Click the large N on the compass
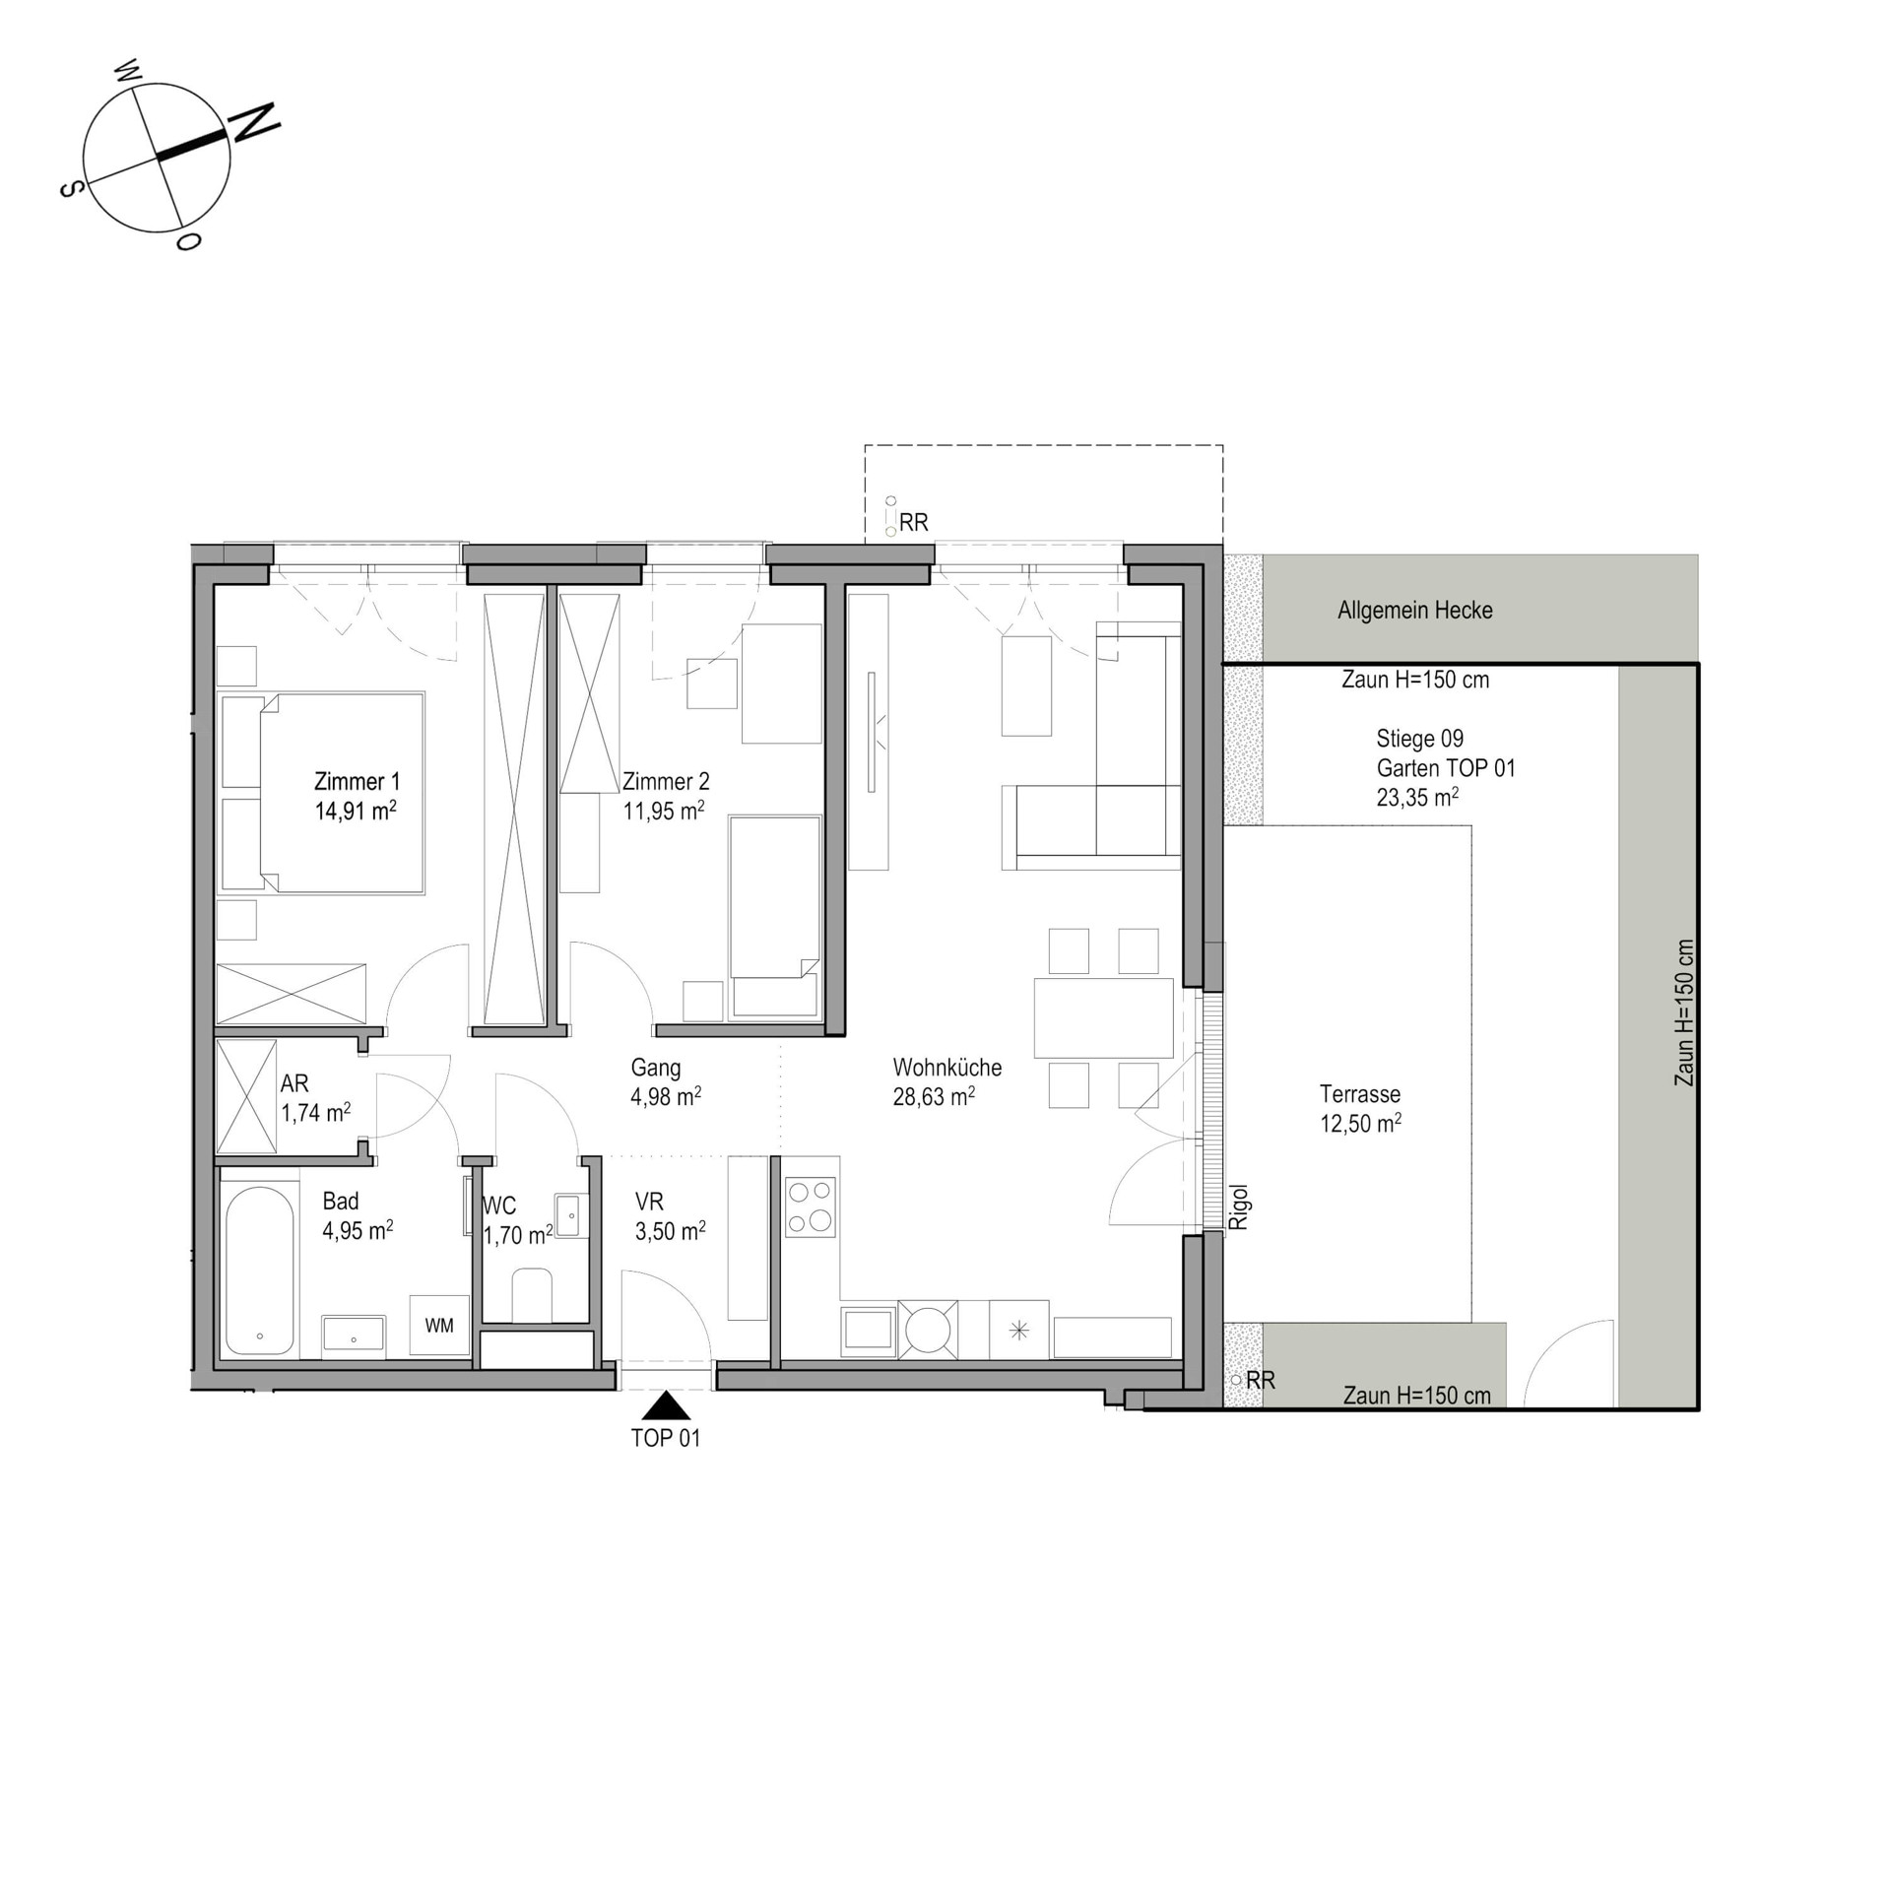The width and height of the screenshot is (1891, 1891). (254, 122)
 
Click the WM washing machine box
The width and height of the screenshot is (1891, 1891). (439, 1326)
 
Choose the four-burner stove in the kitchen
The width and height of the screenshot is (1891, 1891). (811, 1207)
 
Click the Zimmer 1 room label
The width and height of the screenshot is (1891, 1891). (357, 782)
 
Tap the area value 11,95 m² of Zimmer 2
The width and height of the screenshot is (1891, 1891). (664, 811)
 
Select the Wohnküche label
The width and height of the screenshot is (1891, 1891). (947, 1068)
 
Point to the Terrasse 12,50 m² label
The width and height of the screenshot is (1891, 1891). (1360, 1109)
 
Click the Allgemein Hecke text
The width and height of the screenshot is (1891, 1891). (1415, 611)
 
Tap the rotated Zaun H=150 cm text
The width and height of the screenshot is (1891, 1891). (1685, 1012)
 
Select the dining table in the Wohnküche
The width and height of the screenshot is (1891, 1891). (1104, 1017)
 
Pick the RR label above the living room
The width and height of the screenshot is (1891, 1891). (913, 523)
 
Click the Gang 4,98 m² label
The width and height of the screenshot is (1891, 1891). (666, 1081)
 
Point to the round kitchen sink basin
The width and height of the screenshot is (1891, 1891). (927, 1333)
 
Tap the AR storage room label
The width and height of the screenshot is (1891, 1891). (294, 1083)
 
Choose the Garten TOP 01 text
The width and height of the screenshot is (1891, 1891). (1446, 768)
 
